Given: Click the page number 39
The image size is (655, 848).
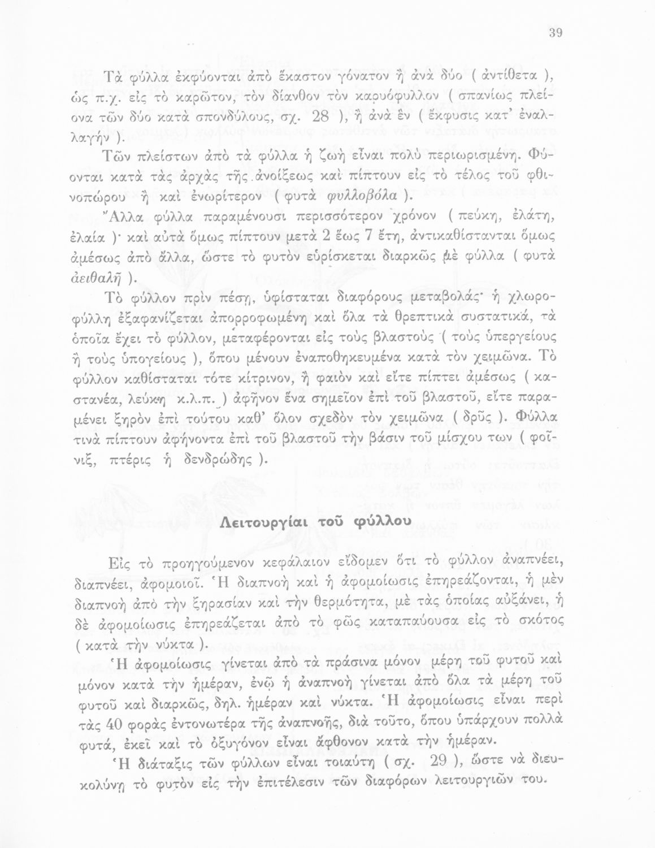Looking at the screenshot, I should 554,33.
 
